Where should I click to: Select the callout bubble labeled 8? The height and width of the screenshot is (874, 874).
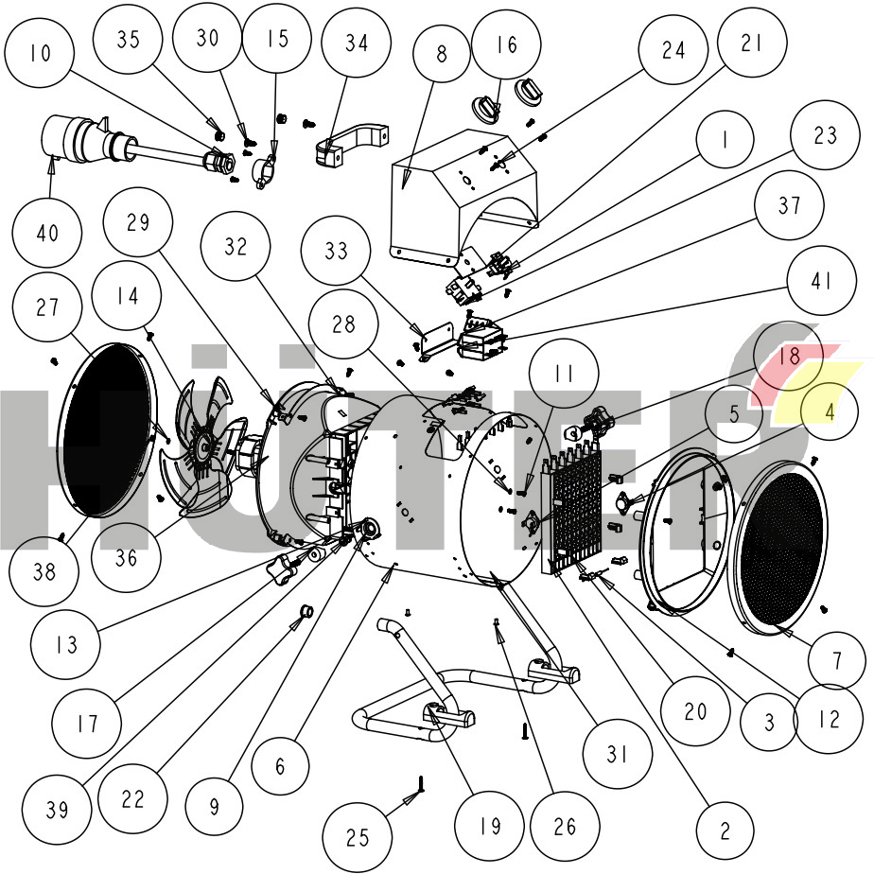click(442, 54)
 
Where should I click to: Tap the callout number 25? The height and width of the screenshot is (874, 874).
click(358, 837)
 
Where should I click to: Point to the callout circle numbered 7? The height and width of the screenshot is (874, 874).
click(836, 660)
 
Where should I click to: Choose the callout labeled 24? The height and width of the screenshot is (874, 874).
click(673, 51)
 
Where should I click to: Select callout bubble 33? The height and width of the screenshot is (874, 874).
click(337, 252)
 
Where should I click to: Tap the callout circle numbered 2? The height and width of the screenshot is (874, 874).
click(725, 832)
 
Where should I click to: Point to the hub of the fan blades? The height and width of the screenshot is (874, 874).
click(203, 442)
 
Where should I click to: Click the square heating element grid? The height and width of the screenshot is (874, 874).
click(575, 506)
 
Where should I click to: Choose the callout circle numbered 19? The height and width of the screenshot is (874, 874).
click(488, 826)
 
